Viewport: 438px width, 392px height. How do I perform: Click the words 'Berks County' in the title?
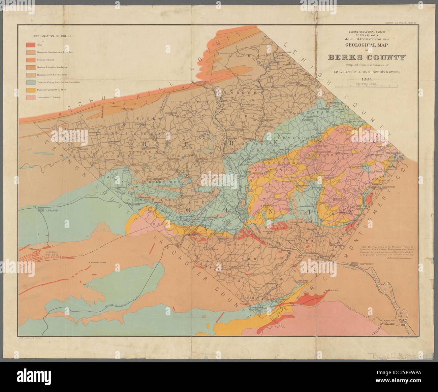(367, 58)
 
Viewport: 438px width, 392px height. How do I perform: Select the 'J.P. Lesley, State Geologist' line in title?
(367, 38)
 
